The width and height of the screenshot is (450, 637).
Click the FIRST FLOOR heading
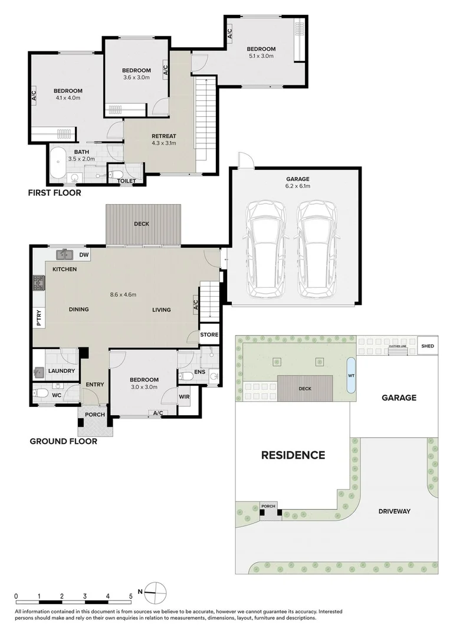pos(54,192)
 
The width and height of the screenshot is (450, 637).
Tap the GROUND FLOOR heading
pos(63,441)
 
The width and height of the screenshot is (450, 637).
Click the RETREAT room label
pos(164,136)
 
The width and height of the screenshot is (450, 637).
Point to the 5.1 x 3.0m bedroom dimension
pos(261,56)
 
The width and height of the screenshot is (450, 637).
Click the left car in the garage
pos(266,250)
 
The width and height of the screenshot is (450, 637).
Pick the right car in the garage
pos(317,250)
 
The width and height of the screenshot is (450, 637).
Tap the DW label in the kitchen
pos(84,255)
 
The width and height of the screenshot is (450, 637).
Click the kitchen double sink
pos(64,255)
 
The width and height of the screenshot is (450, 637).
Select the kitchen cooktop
pos(38,283)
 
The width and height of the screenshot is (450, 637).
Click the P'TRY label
pos(39,318)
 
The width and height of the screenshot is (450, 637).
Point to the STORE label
pos(209,335)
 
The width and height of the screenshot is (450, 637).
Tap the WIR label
pos(184,396)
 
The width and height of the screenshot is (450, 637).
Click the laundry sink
pos(39,372)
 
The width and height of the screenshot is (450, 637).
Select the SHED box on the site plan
pos(428,346)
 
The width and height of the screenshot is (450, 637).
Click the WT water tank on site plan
pos(351,375)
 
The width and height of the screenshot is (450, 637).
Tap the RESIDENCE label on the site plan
pos(293,455)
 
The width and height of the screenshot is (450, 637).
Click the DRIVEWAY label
pos(395,511)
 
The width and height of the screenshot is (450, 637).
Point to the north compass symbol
pos(155,593)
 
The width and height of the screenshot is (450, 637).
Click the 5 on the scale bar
pos(131,596)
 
